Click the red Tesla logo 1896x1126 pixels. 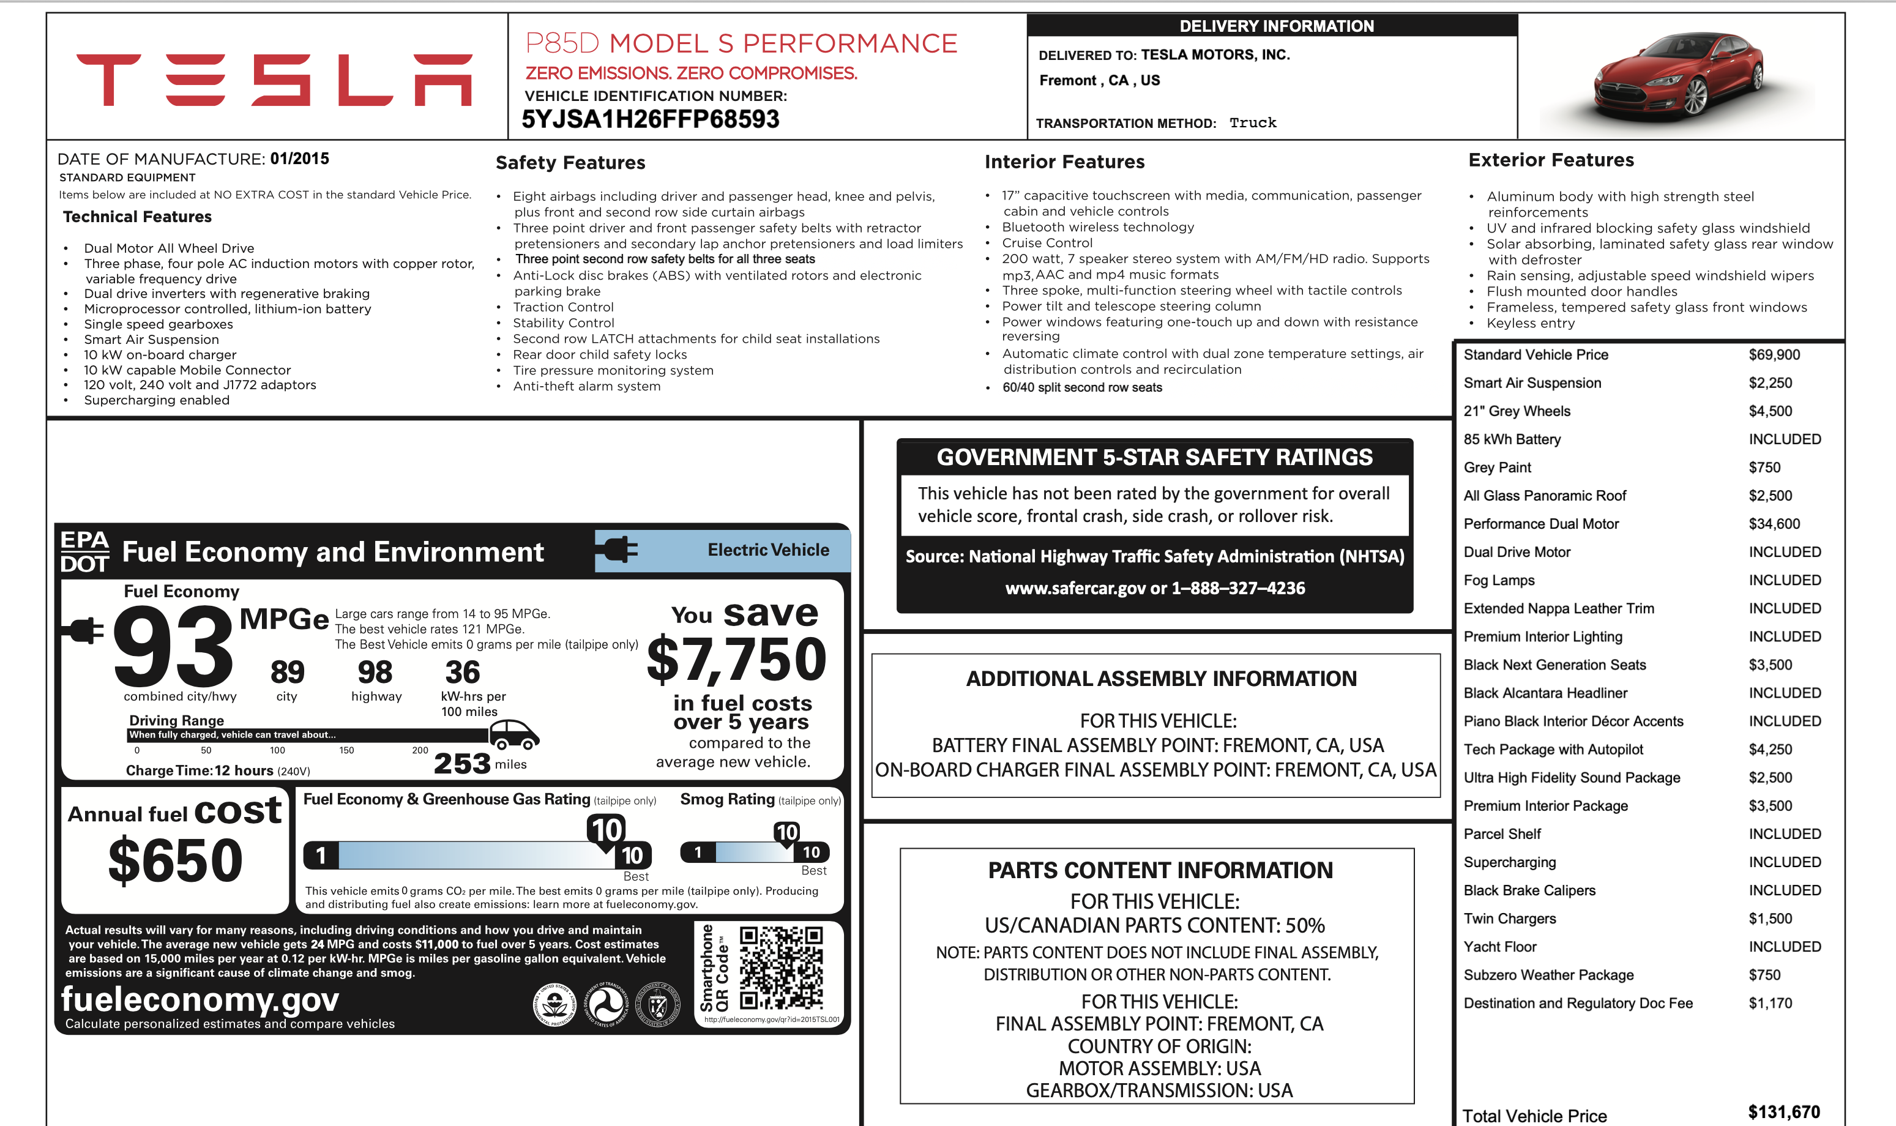(x=274, y=80)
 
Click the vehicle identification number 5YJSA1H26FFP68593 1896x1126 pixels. (x=650, y=119)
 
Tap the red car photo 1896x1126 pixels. (x=1678, y=76)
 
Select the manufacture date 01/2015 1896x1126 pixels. (x=300, y=158)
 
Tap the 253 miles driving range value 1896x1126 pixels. (x=462, y=762)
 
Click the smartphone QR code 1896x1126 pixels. (x=781, y=967)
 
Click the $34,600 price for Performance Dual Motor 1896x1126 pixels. (x=1774, y=524)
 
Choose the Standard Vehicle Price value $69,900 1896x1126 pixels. (x=1774, y=354)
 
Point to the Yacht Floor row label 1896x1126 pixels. (x=1499, y=946)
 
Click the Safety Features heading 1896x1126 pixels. (x=570, y=162)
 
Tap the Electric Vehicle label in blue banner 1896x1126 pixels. (x=768, y=550)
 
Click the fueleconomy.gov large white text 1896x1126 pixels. (x=200, y=999)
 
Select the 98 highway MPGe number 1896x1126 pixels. (x=375, y=673)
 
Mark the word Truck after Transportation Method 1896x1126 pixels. (x=1253, y=123)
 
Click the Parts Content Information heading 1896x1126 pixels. (x=1159, y=870)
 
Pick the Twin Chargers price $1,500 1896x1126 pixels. (x=1769, y=918)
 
